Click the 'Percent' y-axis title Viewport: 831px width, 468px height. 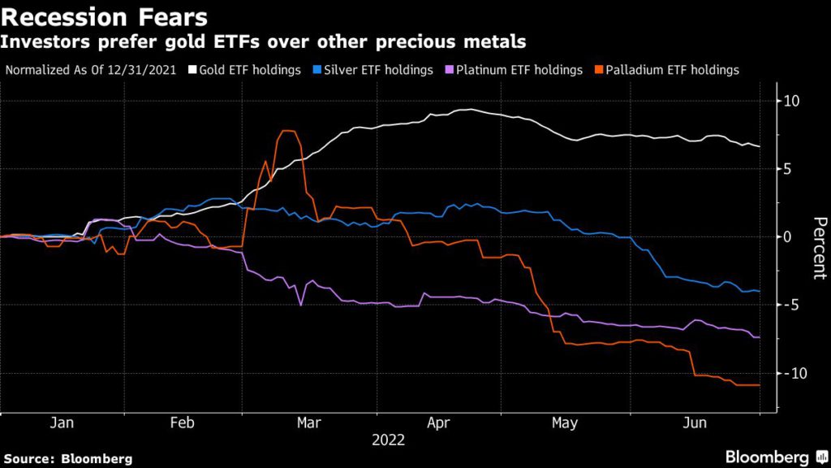pos(819,248)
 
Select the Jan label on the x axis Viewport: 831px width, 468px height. pos(62,423)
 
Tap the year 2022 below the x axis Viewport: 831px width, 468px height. pos(389,441)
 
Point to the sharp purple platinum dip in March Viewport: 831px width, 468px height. pos(301,305)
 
